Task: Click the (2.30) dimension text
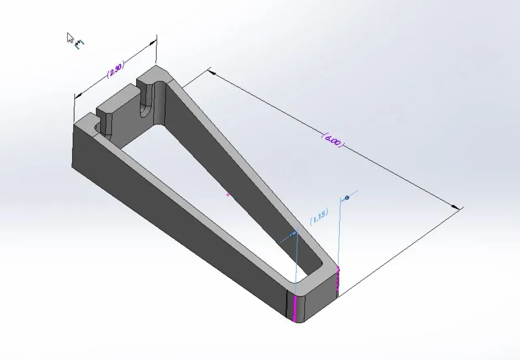[116, 69]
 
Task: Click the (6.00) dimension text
[333, 140]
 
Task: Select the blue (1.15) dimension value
[319, 217]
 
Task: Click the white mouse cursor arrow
[70, 38]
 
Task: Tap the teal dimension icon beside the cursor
[79, 44]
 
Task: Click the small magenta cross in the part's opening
[228, 195]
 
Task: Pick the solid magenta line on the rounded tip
[295, 309]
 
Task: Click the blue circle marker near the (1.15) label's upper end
[347, 197]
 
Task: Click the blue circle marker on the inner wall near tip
[291, 235]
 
